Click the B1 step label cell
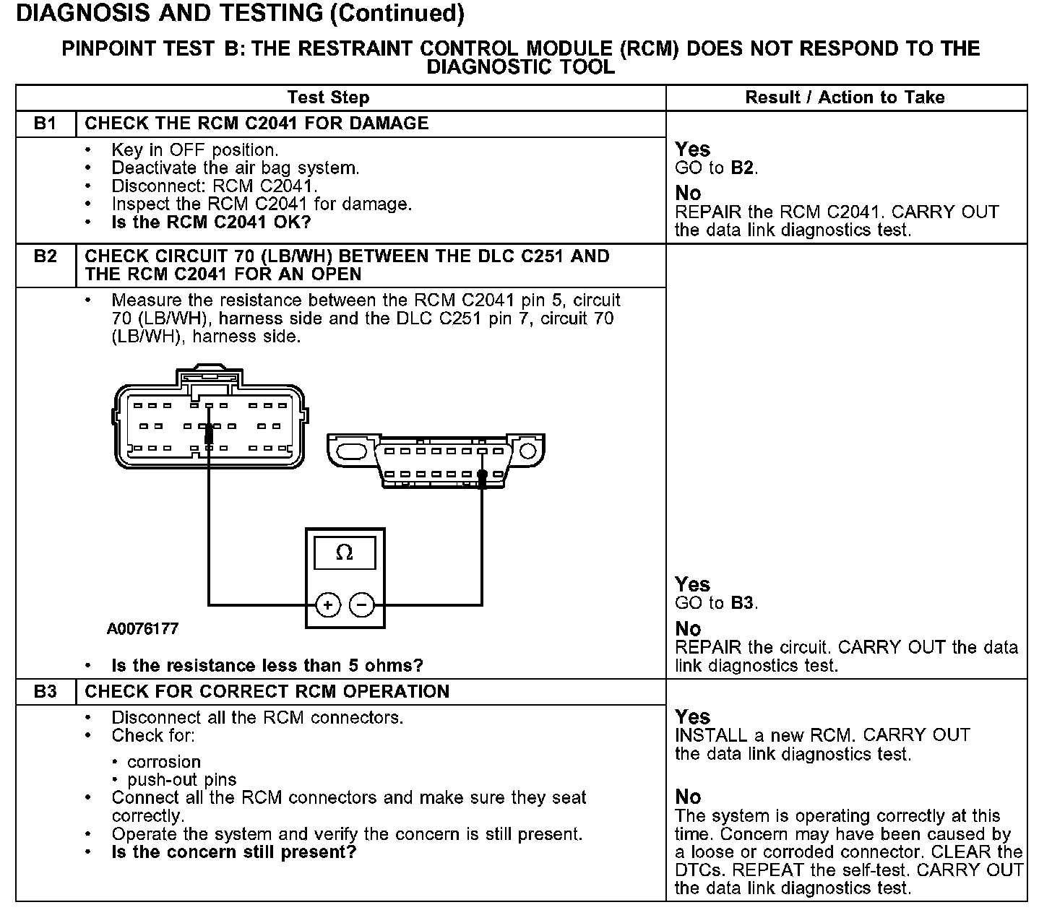[46, 123]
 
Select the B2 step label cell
[46, 266]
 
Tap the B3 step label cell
[46, 692]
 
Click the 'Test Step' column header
[328, 97]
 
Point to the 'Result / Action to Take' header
[845, 97]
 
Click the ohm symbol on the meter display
[345, 552]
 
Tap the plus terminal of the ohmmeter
[328, 604]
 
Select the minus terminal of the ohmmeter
[361, 604]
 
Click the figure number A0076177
[142, 629]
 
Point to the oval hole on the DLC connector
[351, 451]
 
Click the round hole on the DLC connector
[527, 451]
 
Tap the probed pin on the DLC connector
[482, 474]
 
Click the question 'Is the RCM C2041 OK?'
[211, 222]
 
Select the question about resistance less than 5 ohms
[267, 665]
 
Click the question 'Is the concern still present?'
[234, 852]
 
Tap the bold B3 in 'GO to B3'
[742, 603]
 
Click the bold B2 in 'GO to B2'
[742, 168]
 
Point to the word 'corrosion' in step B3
[164, 762]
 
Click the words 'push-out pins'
[181, 780]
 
